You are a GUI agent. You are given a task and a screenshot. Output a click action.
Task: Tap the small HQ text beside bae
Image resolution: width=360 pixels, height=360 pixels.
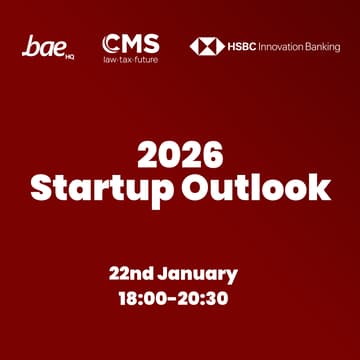70,55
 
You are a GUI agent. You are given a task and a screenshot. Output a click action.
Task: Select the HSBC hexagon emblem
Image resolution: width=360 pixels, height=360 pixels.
207,46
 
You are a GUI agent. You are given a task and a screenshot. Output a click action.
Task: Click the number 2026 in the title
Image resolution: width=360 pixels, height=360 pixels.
180,154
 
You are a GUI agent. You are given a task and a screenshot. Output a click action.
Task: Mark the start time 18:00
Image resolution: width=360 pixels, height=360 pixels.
143,299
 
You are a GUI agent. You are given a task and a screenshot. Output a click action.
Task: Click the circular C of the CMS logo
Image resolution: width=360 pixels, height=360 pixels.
110,43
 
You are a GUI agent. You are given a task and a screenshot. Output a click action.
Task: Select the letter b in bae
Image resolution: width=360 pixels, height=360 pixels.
31,45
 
